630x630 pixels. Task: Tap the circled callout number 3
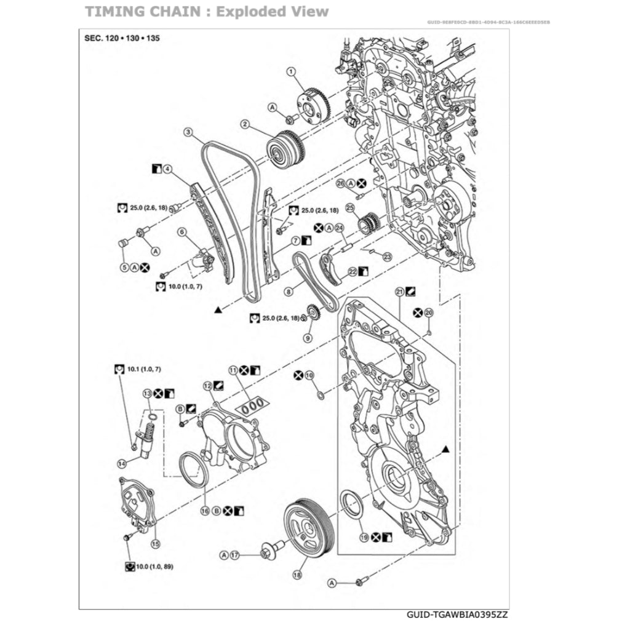click(188, 132)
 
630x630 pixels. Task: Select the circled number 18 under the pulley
click(298, 575)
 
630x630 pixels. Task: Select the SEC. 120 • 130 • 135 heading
click(121, 38)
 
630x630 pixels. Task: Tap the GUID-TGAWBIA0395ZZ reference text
click(457, 614)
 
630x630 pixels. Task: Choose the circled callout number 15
click(155, 543)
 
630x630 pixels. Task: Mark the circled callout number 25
click(350, 207)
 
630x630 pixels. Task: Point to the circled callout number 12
click(207, 385)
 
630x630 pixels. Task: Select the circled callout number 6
click(181, 232)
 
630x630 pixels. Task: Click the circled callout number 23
click(388, 257)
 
